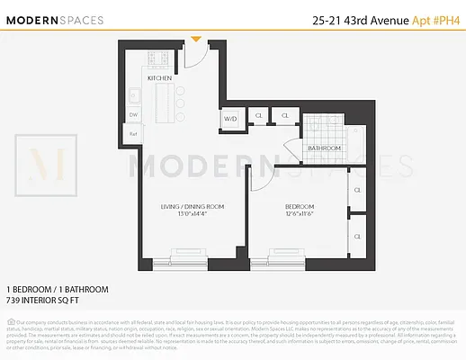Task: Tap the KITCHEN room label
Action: click(160, 78)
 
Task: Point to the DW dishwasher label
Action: click(133, 115)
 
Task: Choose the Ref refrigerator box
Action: click(132, 134)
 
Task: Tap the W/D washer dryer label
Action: click(229, 119)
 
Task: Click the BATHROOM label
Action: click(325, 148)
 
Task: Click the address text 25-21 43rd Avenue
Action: click(353, 19)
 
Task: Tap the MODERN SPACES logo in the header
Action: click(57, 20)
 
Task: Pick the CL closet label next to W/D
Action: click(258, 116)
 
